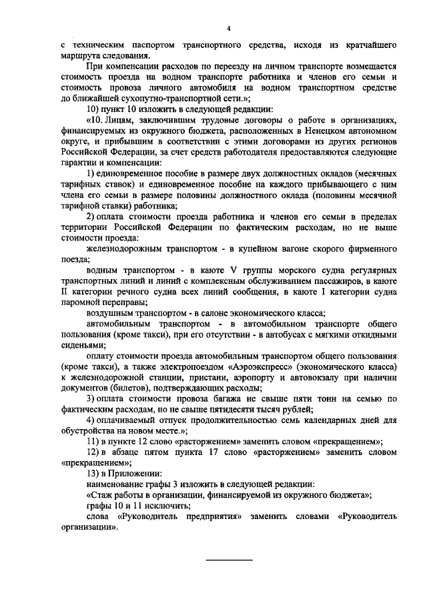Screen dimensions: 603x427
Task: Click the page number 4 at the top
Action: click(x=228, y=28)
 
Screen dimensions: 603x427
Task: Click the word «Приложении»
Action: click(x=130, y=472)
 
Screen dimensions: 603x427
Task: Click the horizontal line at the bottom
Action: click(x=228, y=560)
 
